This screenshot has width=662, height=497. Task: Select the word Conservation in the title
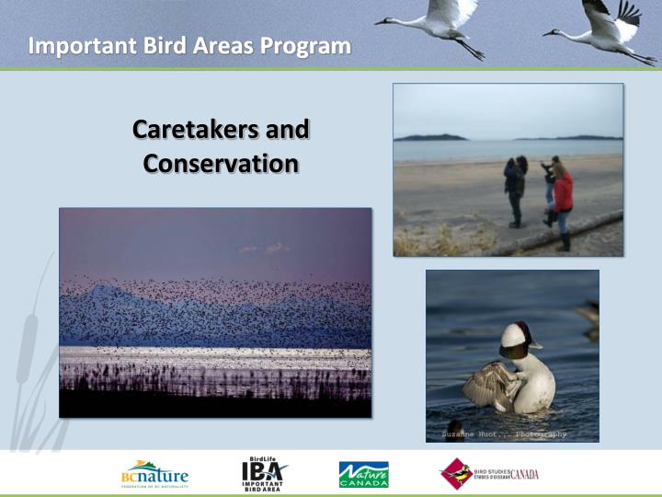221,164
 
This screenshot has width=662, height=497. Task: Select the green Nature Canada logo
363,475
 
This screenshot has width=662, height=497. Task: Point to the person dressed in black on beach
515,189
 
